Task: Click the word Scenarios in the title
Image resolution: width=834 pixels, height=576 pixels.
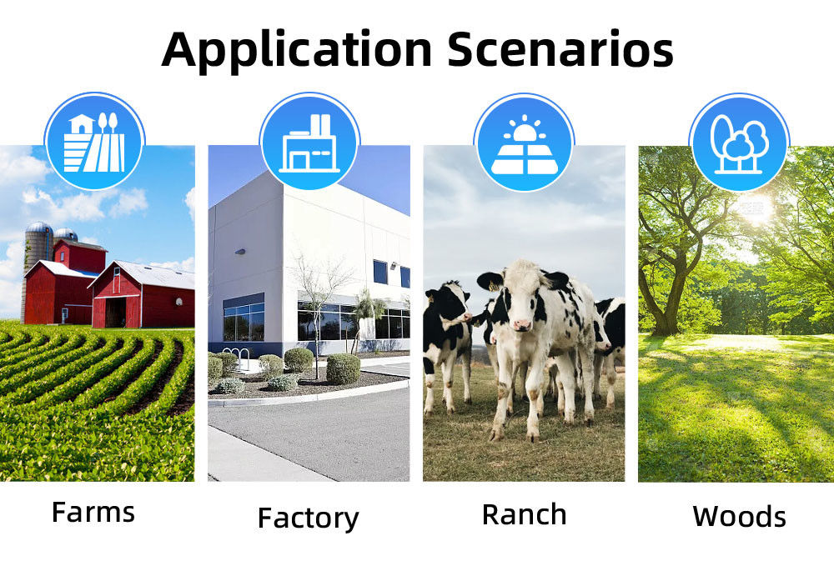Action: tap(560, 49)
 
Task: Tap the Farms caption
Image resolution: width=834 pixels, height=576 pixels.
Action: tap(93, 513)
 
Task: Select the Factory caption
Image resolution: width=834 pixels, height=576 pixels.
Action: tap(309, 518)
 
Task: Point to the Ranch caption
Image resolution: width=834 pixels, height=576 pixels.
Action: tap(524, 515)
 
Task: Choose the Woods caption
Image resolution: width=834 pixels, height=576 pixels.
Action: tap(739, 517)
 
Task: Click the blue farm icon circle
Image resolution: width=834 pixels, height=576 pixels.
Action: tap(95, 142)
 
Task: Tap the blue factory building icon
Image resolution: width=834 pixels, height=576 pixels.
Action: tap(309, 142)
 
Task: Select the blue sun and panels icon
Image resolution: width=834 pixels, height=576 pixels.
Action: tap(525, 143)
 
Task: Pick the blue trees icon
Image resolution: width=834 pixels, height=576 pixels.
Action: tap(739, 143)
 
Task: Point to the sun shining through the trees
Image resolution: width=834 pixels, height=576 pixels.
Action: tap(756, 208)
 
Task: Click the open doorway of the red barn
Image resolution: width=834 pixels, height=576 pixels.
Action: tap(115, 313)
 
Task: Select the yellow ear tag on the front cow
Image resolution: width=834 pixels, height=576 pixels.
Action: tap(493, 287)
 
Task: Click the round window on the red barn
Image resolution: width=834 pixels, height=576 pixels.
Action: tap(179, 302)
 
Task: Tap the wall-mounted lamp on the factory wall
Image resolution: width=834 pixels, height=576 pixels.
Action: tap(240, 251)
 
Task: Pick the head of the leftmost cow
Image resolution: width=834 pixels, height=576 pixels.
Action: tap(448, 304)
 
